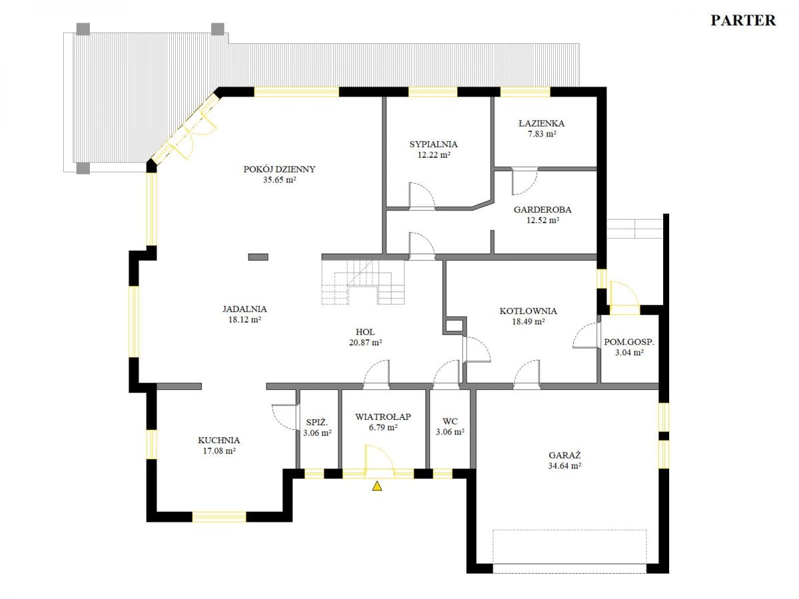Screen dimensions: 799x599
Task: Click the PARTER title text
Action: tap(743, 21)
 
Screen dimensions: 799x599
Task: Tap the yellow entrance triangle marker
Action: tap(377, 486)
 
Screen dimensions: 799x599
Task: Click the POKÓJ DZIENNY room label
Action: tap(279, 169)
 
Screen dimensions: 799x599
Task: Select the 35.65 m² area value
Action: tap(279, 180)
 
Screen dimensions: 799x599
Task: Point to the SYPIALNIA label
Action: tap(433, 144)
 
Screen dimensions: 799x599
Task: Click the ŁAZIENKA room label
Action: tap(541, 123)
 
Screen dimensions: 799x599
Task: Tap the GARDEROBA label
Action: tap(543, 210)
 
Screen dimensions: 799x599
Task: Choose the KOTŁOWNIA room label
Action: tap(528, 311)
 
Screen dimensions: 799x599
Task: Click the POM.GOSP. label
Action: tap(629, 342)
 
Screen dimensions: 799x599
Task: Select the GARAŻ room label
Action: tap(565, 455)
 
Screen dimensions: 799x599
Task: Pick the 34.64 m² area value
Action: tap(565, 465)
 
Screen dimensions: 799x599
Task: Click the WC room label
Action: tap(450, 421)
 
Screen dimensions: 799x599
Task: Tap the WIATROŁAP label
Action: tap(383, 417)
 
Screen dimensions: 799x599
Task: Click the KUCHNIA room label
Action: tap(219, 441)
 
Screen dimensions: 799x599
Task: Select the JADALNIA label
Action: tap(244, 309)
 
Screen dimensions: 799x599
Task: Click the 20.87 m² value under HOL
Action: tap(365, 342)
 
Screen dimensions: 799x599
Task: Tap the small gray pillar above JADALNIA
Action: tap(258, 257)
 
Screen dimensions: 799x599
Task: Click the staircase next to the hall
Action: tap(363, 282)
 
